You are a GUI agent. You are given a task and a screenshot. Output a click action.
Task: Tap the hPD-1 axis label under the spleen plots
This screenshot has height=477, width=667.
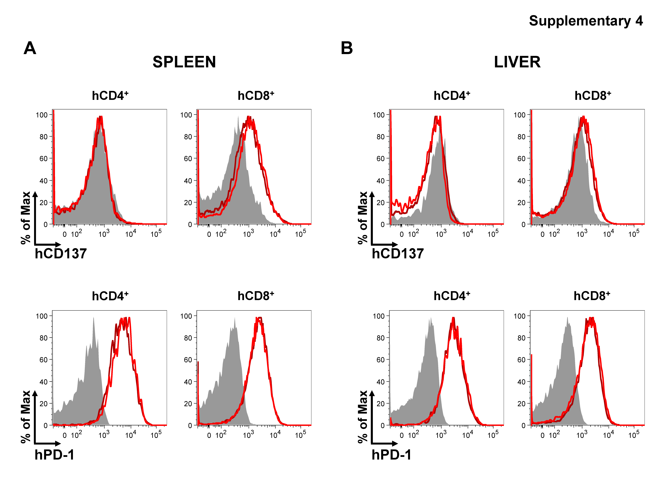[55, 455]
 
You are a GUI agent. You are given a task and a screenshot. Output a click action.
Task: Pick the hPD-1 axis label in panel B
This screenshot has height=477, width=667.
[391, 455]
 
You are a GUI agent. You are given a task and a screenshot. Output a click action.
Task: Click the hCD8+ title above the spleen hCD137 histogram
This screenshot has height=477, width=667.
[256, 96]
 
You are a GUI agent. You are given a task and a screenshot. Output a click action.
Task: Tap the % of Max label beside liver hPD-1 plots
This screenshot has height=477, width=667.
[363, 417]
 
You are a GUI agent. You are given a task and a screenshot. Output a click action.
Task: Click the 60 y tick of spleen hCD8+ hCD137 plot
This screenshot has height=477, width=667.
[188, 159]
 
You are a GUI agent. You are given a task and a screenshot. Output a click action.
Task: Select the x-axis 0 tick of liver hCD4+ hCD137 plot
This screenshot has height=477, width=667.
[401, 234]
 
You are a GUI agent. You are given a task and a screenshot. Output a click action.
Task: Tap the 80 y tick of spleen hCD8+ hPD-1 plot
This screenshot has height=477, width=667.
[188, 338]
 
